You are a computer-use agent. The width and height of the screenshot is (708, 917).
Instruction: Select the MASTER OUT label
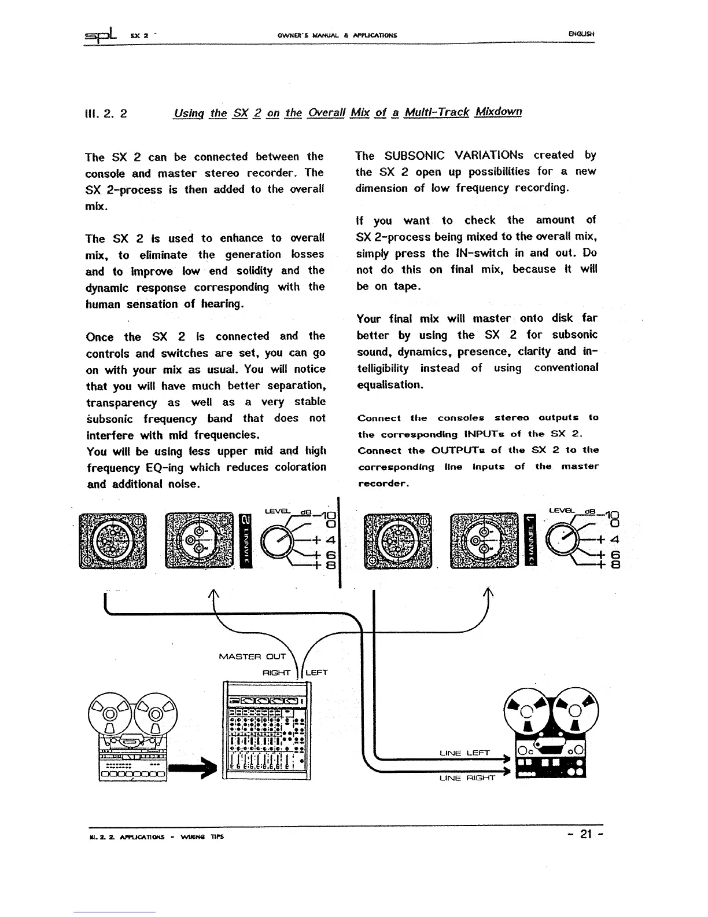coord(253,656)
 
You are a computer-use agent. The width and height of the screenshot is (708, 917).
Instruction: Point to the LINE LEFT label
coord(464,753)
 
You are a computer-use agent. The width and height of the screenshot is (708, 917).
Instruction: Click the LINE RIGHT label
coord(467,777)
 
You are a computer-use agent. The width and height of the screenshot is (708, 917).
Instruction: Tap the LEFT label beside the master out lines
coord(316,673)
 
